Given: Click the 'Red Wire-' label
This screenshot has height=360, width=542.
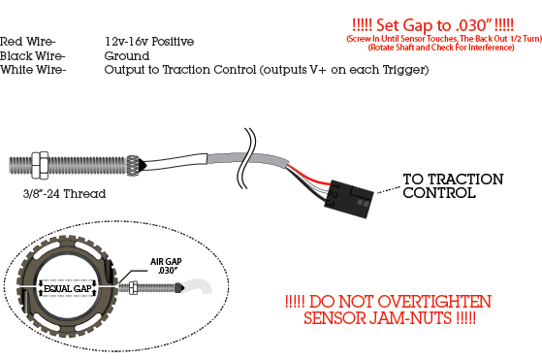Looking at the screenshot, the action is pyautogui.click(x=28, y=42).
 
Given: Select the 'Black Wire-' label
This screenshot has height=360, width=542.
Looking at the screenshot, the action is pyautogui.click(x=33, y=55).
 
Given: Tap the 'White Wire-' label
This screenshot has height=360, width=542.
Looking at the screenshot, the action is pyautogui.click(x=33, y=70).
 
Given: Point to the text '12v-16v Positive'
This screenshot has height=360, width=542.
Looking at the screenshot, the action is pyautogui.click(x=149, y=42).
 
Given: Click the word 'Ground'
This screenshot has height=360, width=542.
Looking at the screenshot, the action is pyautogui.click(x=127, y=55).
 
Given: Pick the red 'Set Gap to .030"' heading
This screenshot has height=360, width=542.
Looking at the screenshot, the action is pyautogui.click(x=432, y=25).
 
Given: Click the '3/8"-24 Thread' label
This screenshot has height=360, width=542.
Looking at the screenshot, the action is pyautogui.click(x=64, y=194).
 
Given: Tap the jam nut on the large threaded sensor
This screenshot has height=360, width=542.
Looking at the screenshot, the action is pyautogui.click(x=40, y=165).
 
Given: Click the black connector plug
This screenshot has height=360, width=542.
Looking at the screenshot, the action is pyautogui.click(x=349, y=199).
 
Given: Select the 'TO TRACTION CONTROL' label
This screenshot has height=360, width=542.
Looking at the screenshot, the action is pyautogui.click(x=453, y=186).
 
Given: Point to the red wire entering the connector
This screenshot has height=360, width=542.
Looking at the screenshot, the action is pyautogui.click(x=308, y=177).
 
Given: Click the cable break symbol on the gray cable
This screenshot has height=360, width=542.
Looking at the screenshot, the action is pyautogui.click(x=247, y=158).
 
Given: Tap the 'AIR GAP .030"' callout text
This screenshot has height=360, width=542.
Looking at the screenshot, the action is pyautogui.click(x=166, y=266).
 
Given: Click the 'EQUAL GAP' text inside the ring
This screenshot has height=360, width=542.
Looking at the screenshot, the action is pyautogui.click(x=68, y=289).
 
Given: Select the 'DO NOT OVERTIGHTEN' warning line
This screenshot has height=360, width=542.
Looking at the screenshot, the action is pyautogui.click(x=388, y=302).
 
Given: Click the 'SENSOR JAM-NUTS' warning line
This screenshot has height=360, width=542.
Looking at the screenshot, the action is pyautogui.click(x=390, y=318).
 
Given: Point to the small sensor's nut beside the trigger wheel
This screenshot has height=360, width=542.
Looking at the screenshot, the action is pyautogui.click(x=133, y=288).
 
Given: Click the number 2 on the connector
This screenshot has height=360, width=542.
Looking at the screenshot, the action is pyautogui.click(x=332, y=195).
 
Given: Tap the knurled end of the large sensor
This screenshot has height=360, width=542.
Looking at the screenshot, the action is pyautogui.click(x=133, y=165).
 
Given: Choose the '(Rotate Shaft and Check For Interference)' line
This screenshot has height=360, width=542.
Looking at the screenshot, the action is pyautogui.click(x=441, y=47).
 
